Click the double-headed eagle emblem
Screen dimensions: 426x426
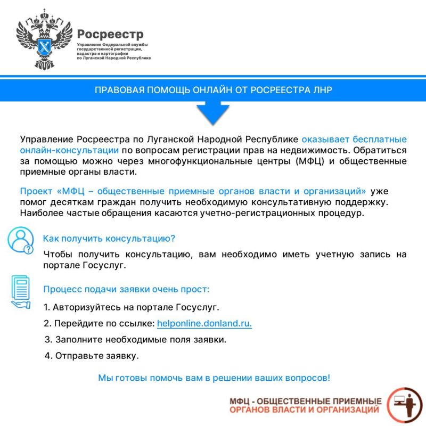[44, 39]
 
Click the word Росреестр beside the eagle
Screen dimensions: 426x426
[106, 34]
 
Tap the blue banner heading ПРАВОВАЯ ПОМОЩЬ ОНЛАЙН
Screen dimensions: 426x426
[213, 90]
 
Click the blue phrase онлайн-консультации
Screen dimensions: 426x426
[69, 150]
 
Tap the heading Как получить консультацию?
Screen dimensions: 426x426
[109, 238]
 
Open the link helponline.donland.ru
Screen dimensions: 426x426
[204, 323]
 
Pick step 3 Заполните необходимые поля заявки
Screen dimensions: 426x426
[136, 339]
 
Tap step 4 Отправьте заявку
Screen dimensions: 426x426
[92, 355]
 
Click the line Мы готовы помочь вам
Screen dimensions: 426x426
[214, 378]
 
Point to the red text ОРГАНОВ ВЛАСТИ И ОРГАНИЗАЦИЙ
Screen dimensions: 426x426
[305, 409]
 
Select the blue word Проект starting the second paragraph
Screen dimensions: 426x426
[36, 191]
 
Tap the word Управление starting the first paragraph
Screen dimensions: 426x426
[46, 140]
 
